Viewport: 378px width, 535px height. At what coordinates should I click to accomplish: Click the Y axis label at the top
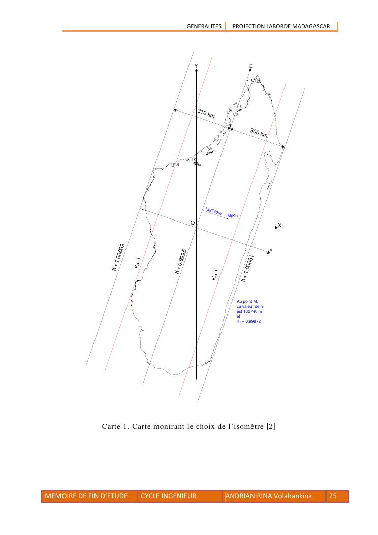196,66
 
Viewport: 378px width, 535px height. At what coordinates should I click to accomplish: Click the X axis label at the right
280,225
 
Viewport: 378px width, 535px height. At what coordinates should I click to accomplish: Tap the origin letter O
193,223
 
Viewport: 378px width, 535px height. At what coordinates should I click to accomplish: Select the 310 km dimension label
206,113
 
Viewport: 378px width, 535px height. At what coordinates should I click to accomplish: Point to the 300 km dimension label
259,133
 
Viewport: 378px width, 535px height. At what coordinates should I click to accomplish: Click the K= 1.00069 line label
118,257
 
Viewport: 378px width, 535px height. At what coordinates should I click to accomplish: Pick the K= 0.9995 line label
181,262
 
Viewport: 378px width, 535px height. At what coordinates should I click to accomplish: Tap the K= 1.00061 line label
247,269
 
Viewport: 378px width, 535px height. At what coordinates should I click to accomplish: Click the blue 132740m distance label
213,211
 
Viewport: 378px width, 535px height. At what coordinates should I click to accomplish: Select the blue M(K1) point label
232,216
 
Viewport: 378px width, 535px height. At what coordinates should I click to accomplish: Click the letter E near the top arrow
251,66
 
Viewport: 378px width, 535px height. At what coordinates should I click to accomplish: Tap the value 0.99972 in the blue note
253,321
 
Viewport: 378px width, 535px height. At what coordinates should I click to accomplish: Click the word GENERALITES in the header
204,26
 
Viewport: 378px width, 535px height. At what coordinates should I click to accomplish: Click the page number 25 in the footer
333,496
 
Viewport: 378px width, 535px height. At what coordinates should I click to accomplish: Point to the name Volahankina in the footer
293,496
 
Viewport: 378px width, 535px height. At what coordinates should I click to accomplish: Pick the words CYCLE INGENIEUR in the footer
169,496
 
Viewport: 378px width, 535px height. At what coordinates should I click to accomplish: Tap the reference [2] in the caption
271,426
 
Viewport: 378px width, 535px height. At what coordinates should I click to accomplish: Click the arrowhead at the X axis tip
277,227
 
